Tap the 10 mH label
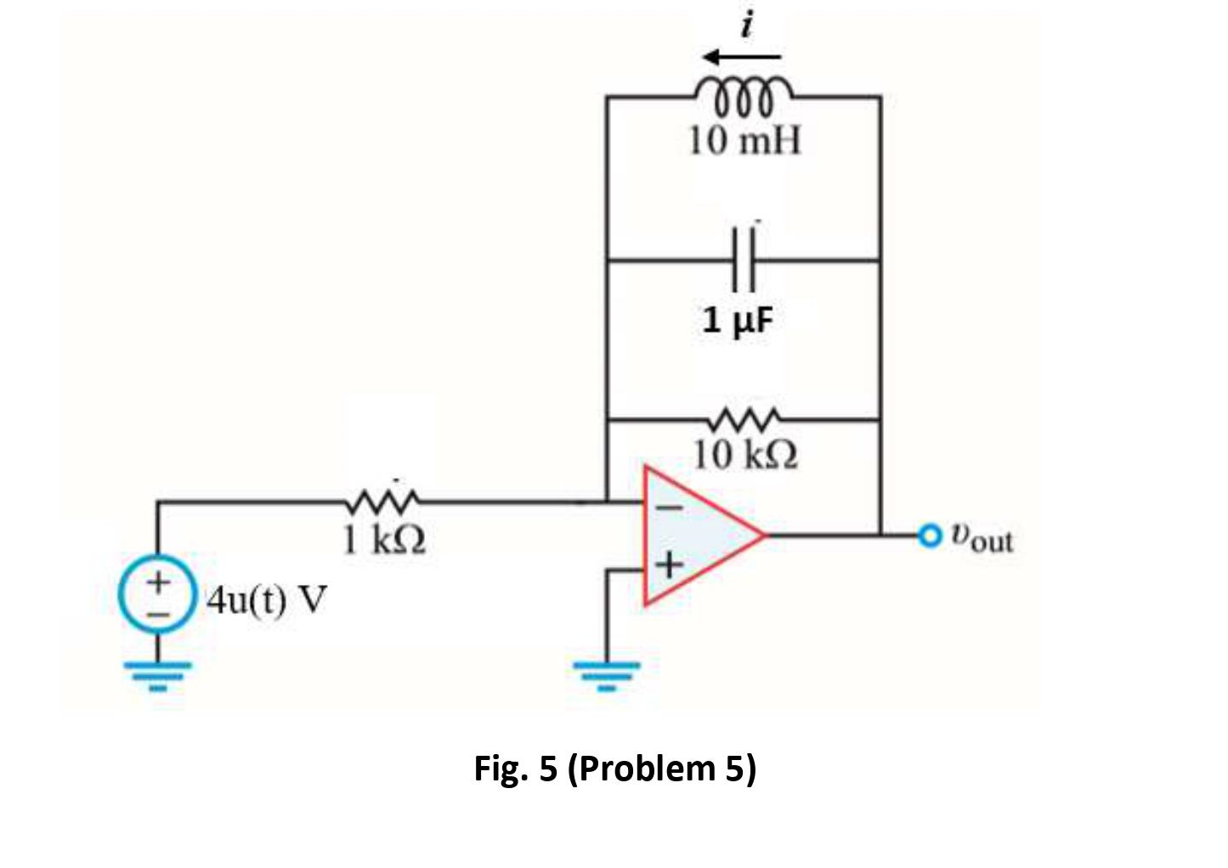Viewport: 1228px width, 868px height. (744, 140)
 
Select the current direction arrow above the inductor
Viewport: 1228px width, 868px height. (742, 57)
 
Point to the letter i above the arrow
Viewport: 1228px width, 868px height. (747, 26)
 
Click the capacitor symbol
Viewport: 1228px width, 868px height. (743, 259)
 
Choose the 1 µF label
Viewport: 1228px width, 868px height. (738, 321)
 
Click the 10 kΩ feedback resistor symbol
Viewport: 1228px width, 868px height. (744, 417)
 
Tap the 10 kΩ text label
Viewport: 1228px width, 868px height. (745, 455)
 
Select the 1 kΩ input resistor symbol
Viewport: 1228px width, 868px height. (382, 501)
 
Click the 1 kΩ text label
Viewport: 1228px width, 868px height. (384, 539)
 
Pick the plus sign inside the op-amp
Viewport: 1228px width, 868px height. (670, 564)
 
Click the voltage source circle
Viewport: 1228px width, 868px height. (156, 594)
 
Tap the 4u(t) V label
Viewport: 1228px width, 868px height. (267, 599)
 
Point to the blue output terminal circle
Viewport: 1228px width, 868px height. (931, 535)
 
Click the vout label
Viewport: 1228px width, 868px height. (982, 538)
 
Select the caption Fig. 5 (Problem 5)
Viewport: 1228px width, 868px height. (614, 769)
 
